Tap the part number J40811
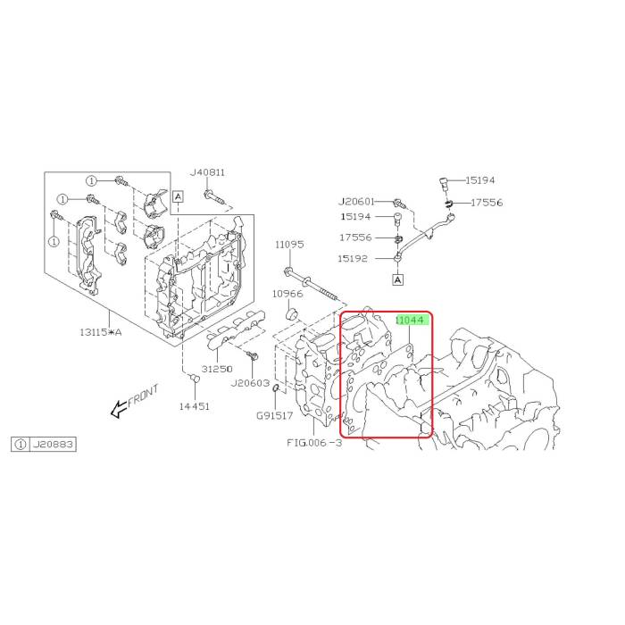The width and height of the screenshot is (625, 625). [x=207, y=172]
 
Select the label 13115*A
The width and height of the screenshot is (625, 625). [x=100, y=331]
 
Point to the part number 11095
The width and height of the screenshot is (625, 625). [x=289, y=245]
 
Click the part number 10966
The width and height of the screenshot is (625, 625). [x=287, y=294]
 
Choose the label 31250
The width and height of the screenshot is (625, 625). [x=217, y=369]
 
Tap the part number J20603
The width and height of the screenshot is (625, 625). [x=250, y=383]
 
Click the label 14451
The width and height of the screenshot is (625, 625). [x=194, y=406]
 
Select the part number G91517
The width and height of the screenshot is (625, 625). [x=274, y=416]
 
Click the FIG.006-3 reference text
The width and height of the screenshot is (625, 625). [x=314, y=443]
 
